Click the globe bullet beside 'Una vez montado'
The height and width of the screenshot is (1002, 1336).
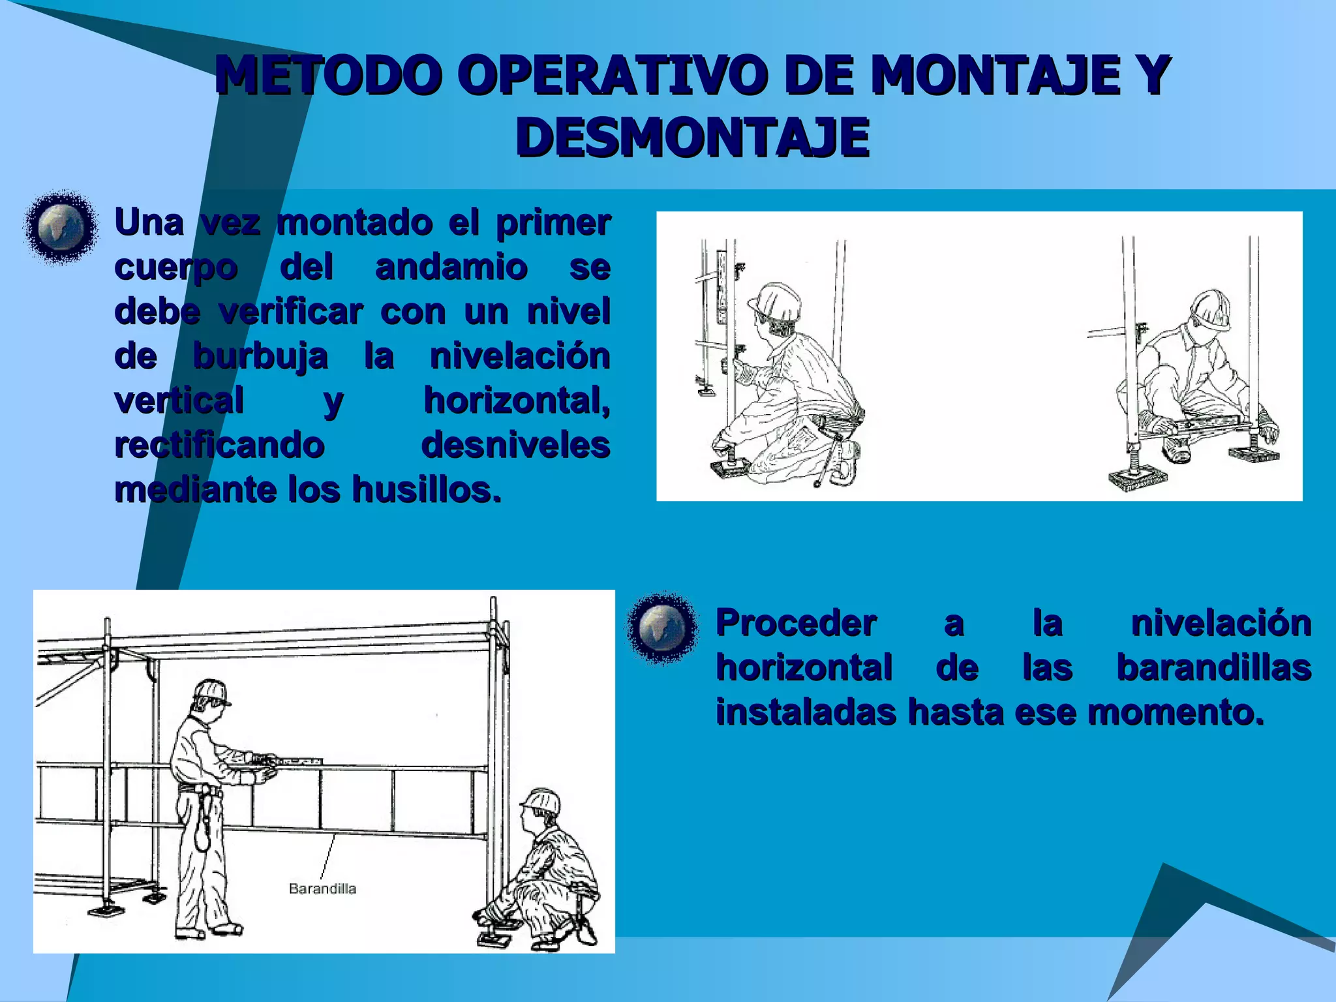click(61, 228)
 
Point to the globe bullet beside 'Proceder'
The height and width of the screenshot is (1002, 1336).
click(662, 628)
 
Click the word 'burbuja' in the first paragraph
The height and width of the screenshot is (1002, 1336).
click(260, 356)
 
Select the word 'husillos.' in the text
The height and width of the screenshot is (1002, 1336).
click(427, 489)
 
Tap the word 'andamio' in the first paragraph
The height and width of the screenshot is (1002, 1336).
click(451, 267)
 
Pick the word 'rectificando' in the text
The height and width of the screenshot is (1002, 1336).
click(219, 445)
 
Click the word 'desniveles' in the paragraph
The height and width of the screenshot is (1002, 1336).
click(515, 445)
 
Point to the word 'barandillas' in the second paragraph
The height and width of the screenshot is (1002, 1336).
click(1214, 667)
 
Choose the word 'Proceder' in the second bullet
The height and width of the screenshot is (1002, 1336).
click(796, 623)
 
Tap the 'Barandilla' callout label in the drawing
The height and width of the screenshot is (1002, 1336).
click(322, 888)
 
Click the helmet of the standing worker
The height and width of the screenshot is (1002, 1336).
click(211, 690)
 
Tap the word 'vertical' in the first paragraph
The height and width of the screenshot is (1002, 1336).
click(179, 401)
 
